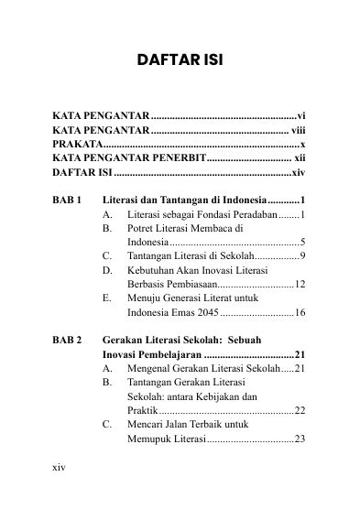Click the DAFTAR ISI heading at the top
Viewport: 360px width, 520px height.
[180, 61]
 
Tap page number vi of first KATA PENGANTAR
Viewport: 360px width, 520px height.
[300, 117]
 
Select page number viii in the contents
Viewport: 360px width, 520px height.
[298, 131]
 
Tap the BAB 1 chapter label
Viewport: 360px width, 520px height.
[68, 200]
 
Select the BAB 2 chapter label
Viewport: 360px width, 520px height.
[68, 339]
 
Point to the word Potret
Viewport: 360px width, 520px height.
[144, 228]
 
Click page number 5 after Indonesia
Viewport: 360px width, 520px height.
[302, 242]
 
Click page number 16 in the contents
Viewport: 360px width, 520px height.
[299, 312]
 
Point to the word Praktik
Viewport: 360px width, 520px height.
[143, 410]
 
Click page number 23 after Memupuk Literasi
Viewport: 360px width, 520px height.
[299, 439]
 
